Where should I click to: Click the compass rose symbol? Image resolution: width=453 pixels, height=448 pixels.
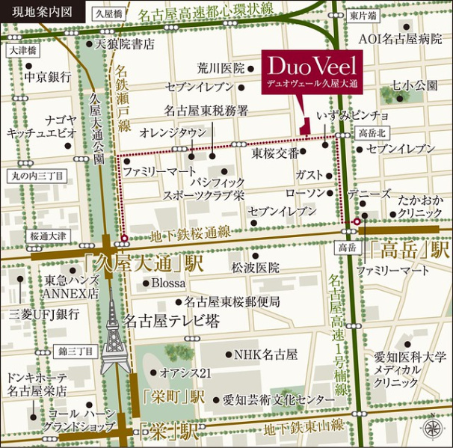(x=432, y=428)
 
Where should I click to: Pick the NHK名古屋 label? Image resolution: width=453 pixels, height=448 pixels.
(x=266, y=354)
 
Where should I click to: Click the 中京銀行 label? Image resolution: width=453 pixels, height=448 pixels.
(x=46, y=76)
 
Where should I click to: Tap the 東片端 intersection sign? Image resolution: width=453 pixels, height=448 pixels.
(x=363, y=14)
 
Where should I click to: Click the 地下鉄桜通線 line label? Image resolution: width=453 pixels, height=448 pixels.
(x=190, y=234)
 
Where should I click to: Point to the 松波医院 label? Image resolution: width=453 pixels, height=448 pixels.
(x=255, y=267)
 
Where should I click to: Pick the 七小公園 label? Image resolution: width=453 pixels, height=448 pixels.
(x=415, y=86)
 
